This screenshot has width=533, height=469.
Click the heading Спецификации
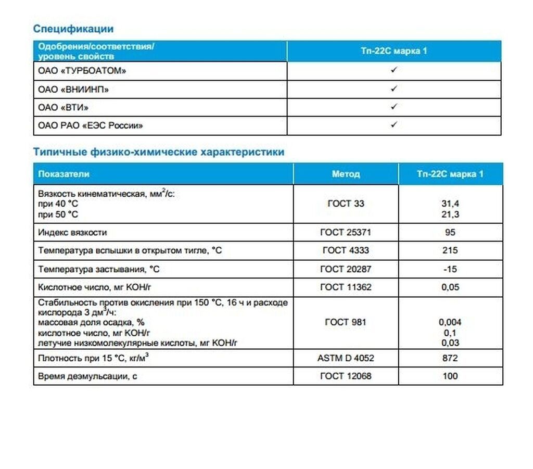coord(73,29)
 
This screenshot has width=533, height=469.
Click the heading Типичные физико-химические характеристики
coord(159,152)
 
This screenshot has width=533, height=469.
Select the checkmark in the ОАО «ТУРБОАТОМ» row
coord(394,70)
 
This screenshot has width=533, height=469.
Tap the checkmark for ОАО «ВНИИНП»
coord(394,88)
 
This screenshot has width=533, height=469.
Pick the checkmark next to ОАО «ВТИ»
coord(394,107)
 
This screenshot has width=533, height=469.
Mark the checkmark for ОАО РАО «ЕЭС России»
coord(394,125)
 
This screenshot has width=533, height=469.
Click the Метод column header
coord(346,174)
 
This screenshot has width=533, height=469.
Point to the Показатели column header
coord(64,174)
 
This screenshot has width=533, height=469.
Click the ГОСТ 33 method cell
coord(346,204)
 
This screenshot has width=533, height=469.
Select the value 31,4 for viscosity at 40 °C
coord(450,204)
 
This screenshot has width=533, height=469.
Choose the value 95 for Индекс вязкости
coord(450,232)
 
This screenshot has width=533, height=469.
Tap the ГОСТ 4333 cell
coord(346,250)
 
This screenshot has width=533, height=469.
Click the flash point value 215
coord(450,250)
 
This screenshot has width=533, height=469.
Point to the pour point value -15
coord(450,269)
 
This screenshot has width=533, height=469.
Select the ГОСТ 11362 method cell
coord(346,287)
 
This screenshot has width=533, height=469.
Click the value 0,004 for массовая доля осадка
coord(450,322)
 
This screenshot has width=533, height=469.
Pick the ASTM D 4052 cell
coord(346,358)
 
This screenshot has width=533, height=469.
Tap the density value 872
coord(450,358)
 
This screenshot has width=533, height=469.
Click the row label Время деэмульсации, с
coord(87,376)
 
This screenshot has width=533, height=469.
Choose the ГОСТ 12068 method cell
coord(346,376)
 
